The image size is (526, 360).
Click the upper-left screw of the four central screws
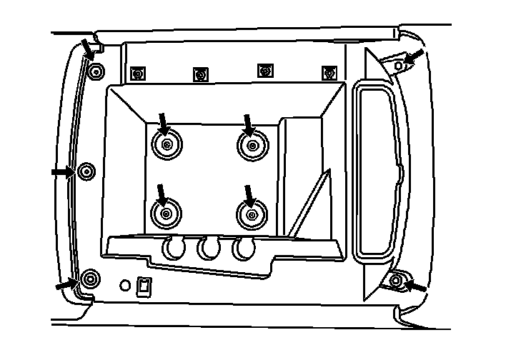(x=166, y=145)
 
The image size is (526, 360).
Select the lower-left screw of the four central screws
(x=166, y=214)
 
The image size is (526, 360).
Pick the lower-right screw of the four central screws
(x=251, y=214)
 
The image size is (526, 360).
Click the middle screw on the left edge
(x=86, y=171)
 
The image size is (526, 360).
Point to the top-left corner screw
(x=96, y=70)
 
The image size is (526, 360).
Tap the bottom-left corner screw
(x=90, y=279)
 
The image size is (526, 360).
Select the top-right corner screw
(x=400, y=65)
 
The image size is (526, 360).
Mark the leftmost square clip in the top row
(x=138, y=73)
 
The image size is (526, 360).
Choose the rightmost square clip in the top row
(x=329, y=72)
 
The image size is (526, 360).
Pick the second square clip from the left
(x=201, y=74)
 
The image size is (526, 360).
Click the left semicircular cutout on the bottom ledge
(x=174, y=248)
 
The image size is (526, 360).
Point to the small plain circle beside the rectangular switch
(x=125, y=285)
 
